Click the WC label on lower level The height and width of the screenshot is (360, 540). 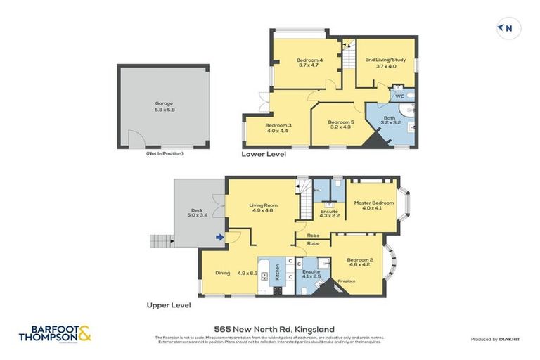click(x=399, y=96)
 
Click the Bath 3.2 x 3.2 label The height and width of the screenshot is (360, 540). click(x=390, y=120)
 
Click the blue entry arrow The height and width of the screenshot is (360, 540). click(x=220, y=238)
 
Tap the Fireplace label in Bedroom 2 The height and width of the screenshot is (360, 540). click(x=347, y=281)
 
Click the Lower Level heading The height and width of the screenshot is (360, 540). click(x=264, y=153)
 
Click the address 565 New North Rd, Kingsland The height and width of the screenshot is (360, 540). click(x=274, y=328)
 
